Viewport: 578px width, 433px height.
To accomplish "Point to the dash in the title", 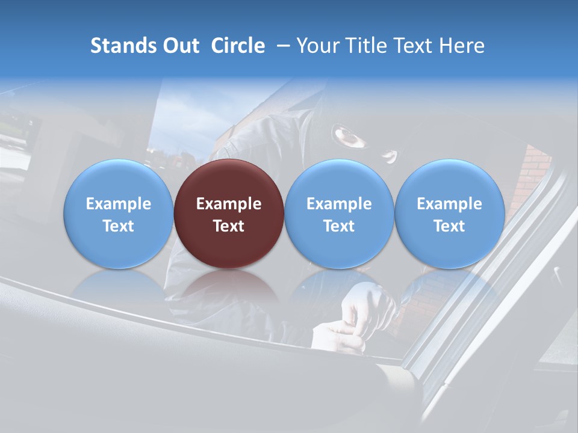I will click(281, 46).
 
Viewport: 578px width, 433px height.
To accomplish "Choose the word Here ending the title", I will click(462, 46).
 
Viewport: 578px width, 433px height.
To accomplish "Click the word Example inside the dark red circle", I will click(229, 204).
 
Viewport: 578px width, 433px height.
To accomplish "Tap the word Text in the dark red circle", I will click(229, 226).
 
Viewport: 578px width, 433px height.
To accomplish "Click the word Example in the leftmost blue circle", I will click(119, 204).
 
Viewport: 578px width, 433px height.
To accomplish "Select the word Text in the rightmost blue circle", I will click(450, 226).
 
